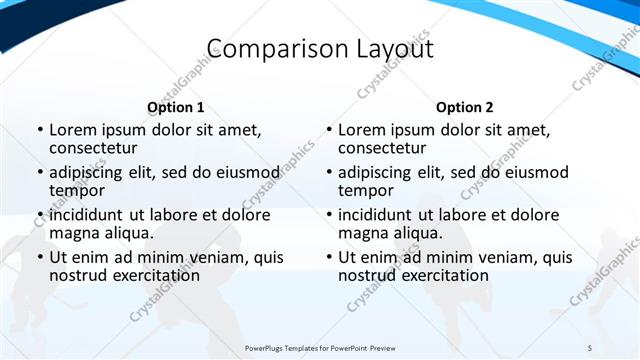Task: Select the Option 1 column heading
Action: click(176, 107)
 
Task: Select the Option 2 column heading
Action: click(465, 107)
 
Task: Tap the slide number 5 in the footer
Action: click(590, 347)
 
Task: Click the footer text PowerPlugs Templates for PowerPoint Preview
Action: click(320, 347)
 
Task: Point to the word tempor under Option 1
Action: click(77, 190)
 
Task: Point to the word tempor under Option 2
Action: click(366, 190)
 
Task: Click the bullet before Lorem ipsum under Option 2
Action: click(328, 131)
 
